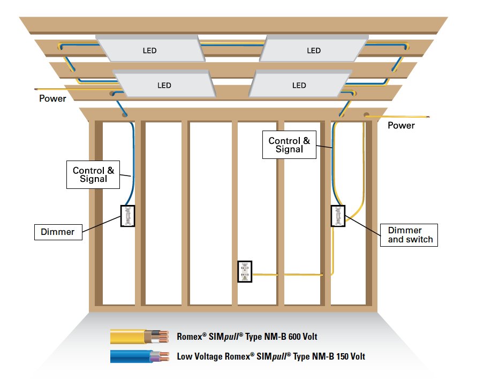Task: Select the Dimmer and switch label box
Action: [410, 235]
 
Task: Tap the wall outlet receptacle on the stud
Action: [245, 271]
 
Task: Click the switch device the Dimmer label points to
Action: [128, 216]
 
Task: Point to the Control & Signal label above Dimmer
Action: [94, 174]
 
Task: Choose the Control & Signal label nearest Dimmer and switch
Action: [289, 145]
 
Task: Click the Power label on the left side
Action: [53, 98]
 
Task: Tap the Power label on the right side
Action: [401, 125]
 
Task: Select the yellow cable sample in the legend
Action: [131, 337]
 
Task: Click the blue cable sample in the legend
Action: [131, 356]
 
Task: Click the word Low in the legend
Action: [185, 356]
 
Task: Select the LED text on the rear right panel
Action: [314, 50]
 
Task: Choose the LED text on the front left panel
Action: [164, 85]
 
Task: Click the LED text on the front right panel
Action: [299, 85]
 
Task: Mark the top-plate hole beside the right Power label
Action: [367, 115]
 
